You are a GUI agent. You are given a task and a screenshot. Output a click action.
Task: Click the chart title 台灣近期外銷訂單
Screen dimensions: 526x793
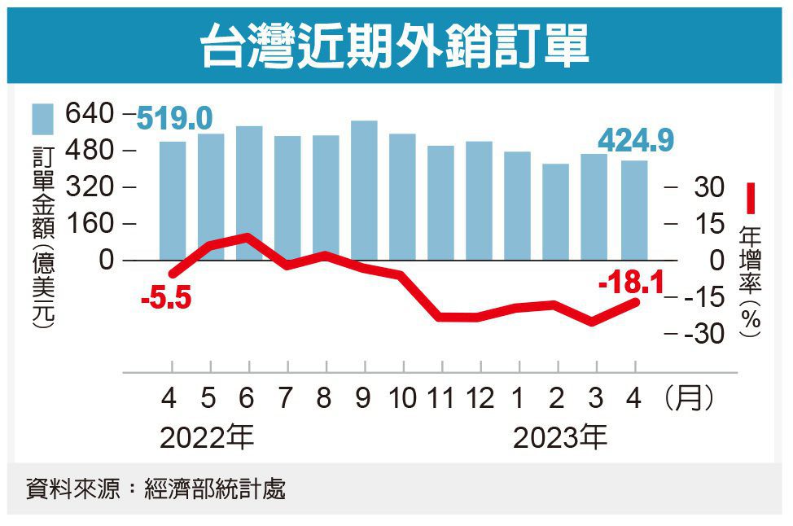click(x=396, y=46)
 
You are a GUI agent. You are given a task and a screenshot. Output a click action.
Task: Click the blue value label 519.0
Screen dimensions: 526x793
click(x=173, y=119)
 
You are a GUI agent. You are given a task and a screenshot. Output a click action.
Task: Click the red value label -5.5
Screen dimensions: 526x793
click(x=165, y=300)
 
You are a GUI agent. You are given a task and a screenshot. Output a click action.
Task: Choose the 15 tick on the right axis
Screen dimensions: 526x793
click(x=709, y=224)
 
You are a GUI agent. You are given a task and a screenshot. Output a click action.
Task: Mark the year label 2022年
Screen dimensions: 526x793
click(x=207, y=439)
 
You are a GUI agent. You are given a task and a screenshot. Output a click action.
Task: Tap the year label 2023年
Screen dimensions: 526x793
click(x=560, y=439)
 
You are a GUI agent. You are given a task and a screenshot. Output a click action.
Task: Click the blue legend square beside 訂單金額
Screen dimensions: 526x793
click(x=42, y=119)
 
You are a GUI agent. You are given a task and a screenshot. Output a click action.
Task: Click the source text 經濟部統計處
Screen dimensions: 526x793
click(x=214, y=489)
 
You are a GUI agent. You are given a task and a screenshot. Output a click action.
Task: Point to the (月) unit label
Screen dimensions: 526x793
click(x=690, y=398)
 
